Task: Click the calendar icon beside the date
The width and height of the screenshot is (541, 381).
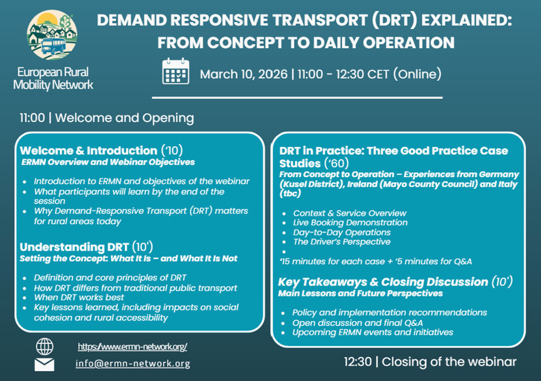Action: (176, 71)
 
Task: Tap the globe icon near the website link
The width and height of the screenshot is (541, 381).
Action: (45, 347)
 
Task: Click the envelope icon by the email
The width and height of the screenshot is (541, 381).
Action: (45, 365)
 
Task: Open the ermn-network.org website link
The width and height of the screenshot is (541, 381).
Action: (132, 347)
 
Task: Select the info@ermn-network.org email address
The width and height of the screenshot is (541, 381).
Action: (133, 363)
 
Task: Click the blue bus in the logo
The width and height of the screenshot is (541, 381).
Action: (54, 45)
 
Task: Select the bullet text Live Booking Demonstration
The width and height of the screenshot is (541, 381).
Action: (350, 223)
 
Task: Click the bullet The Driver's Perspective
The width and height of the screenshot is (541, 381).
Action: (342, 242)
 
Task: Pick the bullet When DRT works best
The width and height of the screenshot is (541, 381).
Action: (78, 298)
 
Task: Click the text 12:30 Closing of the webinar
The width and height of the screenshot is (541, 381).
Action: (430, 362)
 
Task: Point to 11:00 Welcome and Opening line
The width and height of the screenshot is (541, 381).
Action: (107, 118)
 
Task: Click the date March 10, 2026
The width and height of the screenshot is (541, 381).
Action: (243, 74)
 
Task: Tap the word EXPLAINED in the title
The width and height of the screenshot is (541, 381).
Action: (466, 20)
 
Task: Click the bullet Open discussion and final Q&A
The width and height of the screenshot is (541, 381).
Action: (358, 323)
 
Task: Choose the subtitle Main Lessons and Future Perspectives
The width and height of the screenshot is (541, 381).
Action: (360, 294)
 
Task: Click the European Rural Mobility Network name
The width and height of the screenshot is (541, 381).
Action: (53, 78)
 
